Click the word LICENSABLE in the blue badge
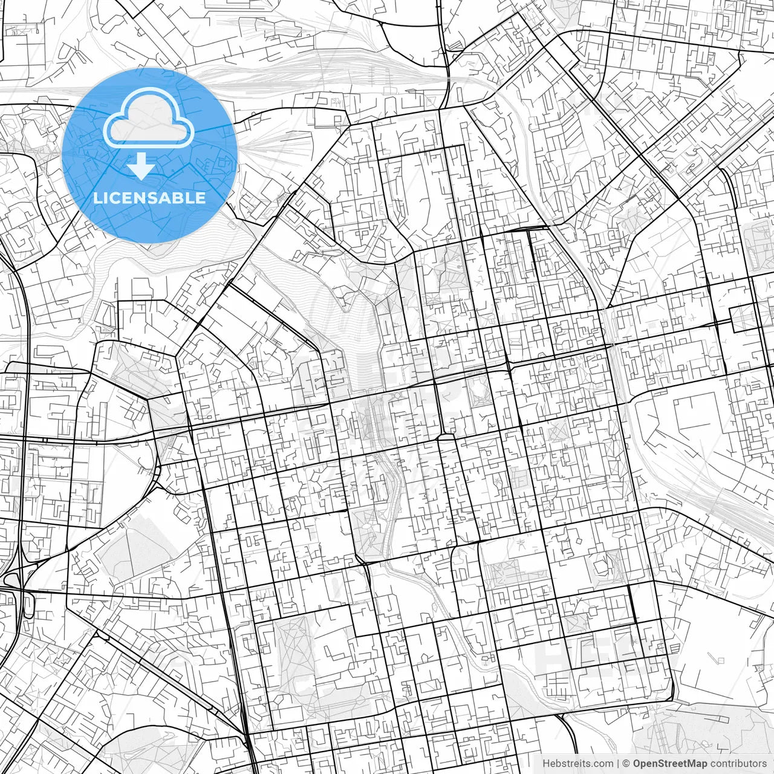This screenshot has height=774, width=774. [x=149, y=198]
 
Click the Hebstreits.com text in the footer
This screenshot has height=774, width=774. [x=577, y=764]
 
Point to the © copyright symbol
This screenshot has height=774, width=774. [x=627, y=764]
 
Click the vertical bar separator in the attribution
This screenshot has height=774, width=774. [x=618, y=764]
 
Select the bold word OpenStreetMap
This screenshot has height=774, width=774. [x=670, y=764]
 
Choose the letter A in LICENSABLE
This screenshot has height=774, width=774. [x=170, y=198]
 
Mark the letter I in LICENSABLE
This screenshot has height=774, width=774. [x=106, y=198]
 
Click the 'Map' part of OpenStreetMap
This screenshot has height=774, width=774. [x=697, y=764]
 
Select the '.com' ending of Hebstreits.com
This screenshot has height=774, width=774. [x=602, y=764]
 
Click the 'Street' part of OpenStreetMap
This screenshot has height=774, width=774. [x=672, y=764]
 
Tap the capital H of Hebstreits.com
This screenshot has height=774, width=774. [x=546, y=764]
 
